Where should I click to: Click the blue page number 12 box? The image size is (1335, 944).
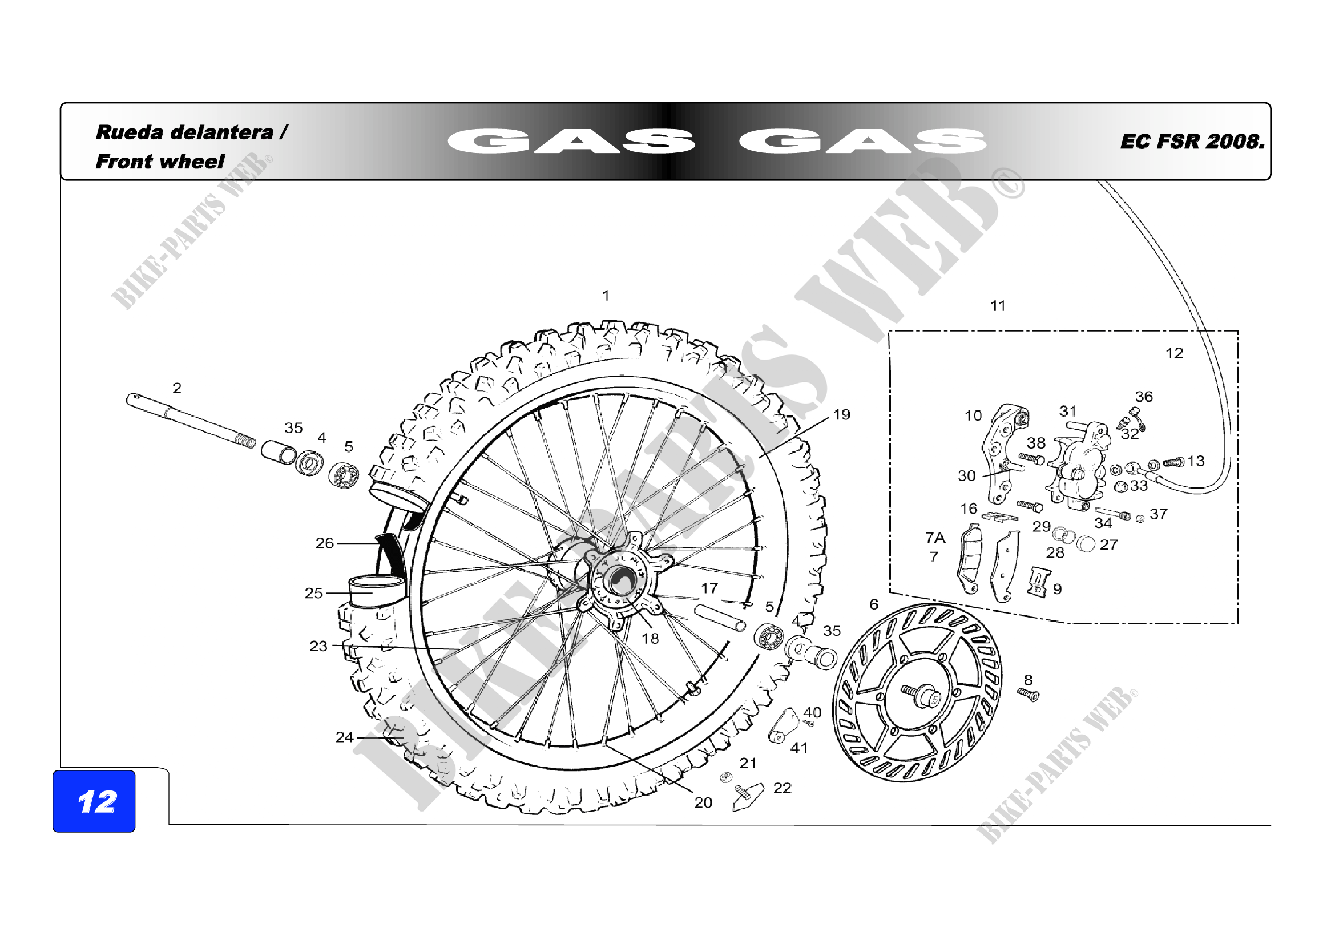[x=94, y=801]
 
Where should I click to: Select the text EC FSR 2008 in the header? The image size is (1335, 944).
[x=1192, y=141]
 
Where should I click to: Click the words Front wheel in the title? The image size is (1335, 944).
[x=160, y=161]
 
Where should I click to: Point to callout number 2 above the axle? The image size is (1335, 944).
[x=177, y=388]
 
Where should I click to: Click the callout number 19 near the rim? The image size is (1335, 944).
[x=841, y=414]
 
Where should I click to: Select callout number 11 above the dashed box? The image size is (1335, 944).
[x=998, y=306]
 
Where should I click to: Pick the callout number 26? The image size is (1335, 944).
[x=324, y=543]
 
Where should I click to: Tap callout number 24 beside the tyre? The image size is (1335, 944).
[x=344, y=737]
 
